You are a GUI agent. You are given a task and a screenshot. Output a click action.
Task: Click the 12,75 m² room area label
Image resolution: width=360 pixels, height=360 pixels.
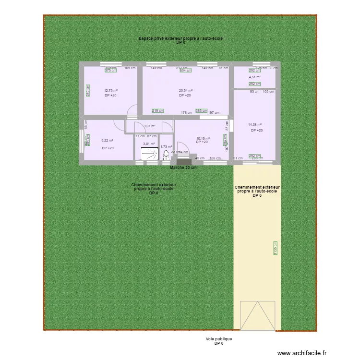pos(111,90)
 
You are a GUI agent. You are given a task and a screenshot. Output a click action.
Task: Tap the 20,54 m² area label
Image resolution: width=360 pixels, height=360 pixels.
pos(185,90)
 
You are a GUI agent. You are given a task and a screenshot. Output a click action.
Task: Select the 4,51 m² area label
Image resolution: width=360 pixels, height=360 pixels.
pos(254,77)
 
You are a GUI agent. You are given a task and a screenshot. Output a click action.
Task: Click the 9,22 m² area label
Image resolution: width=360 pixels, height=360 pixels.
pos(108,141)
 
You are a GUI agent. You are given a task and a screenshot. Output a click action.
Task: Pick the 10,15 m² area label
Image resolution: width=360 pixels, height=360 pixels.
pos(203,139)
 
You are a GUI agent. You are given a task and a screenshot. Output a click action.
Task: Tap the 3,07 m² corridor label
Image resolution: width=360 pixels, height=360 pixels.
pos(149,126)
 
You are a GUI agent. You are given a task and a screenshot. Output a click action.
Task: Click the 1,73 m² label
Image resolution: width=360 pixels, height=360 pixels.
pos(166,147)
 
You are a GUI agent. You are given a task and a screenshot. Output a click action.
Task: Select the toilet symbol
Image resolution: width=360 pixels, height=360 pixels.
pos(166,155)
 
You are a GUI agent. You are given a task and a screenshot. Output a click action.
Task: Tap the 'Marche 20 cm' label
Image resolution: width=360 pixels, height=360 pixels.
pos(183,168)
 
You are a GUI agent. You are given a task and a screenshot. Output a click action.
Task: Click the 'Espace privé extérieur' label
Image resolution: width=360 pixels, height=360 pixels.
pos(180,38)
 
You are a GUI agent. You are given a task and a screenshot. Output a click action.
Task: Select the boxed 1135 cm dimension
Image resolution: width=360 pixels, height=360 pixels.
pos(276,247)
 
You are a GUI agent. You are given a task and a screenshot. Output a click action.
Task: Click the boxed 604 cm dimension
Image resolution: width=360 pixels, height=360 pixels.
pos(185,71)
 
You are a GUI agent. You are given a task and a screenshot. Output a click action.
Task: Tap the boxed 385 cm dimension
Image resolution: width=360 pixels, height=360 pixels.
pos(202,110)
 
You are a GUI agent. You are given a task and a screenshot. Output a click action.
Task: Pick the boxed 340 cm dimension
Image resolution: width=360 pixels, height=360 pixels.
pos(87,90)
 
